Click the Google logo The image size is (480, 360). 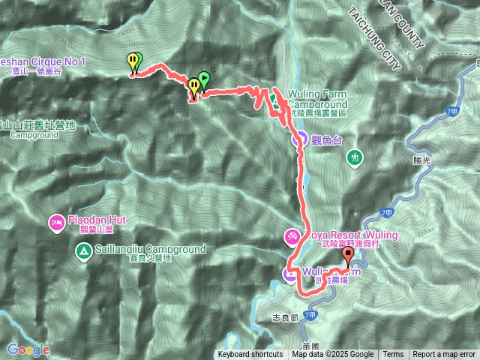coord(28,349)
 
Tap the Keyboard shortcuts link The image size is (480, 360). coord(250,355)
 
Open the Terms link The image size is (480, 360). coord(393,355)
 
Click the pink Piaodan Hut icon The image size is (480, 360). coord(57,222)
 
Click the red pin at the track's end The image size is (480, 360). coord(346,256)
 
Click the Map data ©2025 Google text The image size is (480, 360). coord(333,355)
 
